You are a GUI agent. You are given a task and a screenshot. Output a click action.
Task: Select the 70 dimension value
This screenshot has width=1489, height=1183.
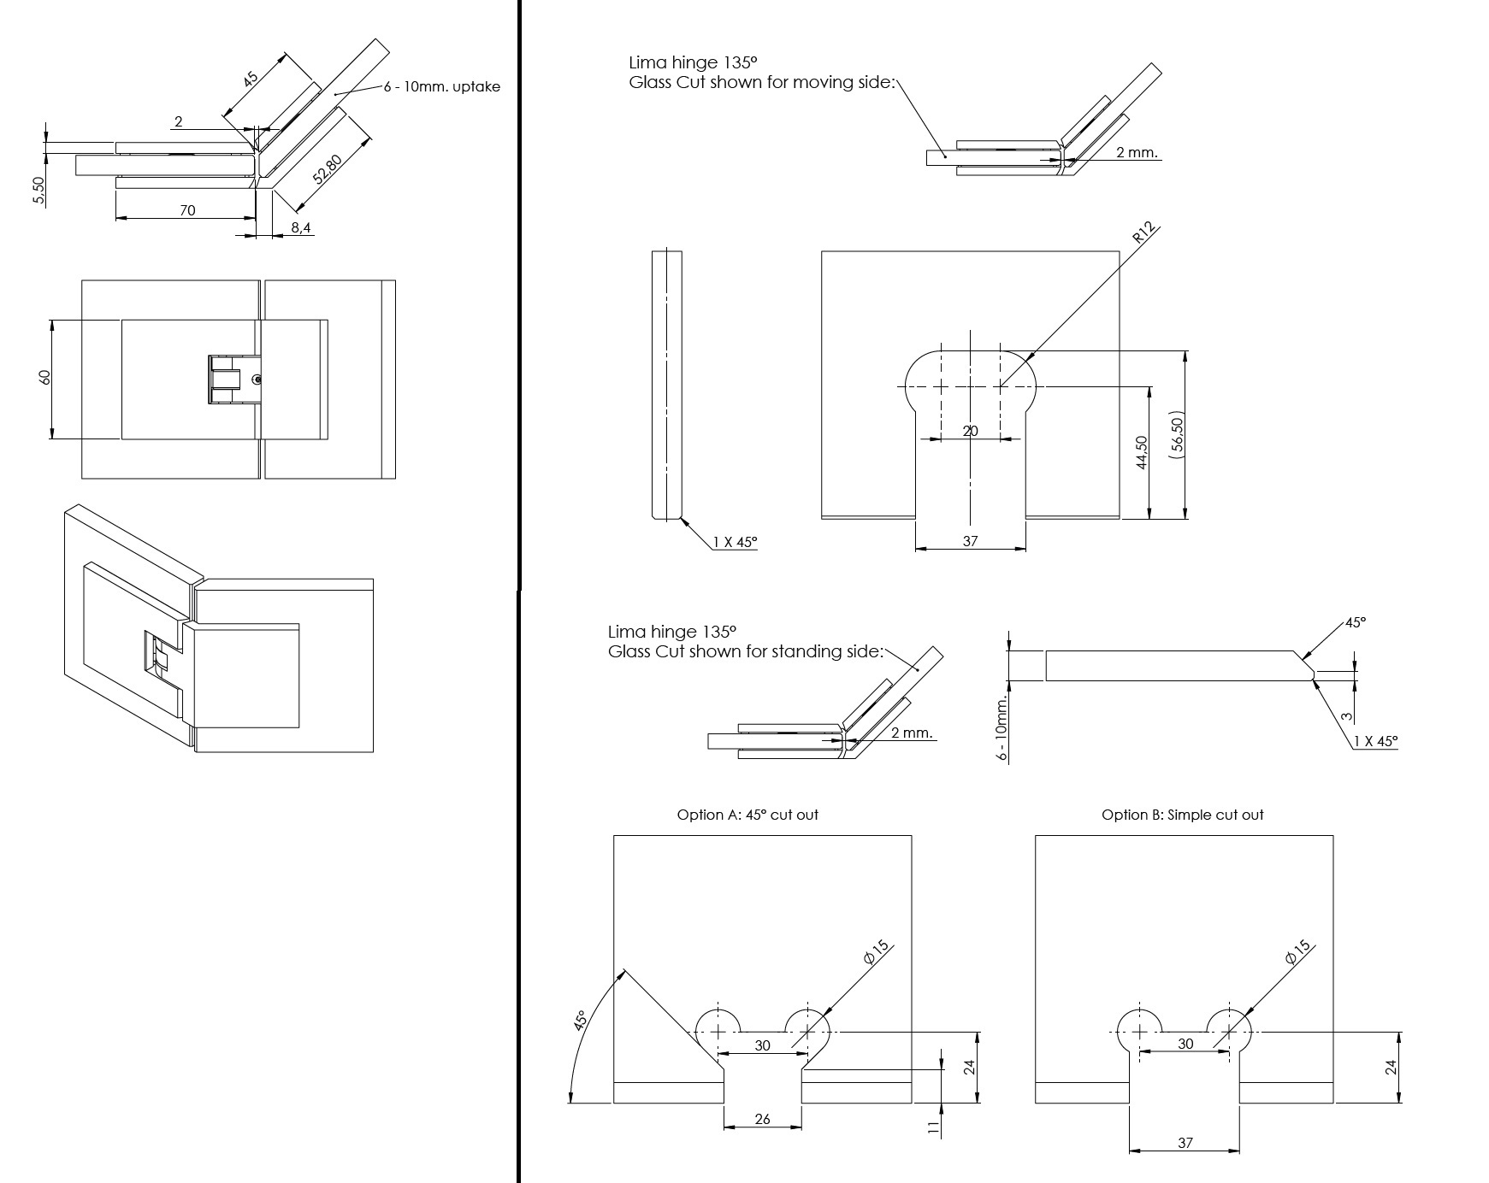point(187,209)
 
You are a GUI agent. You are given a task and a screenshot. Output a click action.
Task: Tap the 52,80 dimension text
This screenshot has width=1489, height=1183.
point(328,170)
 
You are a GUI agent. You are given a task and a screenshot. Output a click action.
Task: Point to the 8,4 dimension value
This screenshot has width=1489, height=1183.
point(300,227)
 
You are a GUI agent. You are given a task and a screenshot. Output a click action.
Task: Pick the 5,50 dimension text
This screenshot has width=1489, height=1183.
point(38,191)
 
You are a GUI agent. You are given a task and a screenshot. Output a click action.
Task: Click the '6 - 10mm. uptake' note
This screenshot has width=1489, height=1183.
point(441,86)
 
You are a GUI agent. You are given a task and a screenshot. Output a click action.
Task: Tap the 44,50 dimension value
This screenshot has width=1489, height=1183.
point(1141,452)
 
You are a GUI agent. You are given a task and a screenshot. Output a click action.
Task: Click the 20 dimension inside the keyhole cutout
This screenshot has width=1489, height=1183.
point(970,431)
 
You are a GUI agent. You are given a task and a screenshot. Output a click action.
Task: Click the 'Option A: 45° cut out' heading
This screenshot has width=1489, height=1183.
point(747,815)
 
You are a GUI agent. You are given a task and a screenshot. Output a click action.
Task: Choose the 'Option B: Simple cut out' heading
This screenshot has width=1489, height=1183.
point(1182,815)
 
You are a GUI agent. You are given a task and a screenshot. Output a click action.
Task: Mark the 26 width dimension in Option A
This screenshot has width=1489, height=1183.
point(763,1119)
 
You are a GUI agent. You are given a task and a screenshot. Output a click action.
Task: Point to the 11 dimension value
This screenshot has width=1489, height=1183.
point(933,1128)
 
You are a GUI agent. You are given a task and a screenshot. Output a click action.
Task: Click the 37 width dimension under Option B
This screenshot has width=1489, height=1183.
point(1185,1142)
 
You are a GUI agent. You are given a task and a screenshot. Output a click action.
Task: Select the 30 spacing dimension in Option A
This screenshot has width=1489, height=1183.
point(762,1045)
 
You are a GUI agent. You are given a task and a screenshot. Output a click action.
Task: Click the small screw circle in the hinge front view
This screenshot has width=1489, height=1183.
point(257,379)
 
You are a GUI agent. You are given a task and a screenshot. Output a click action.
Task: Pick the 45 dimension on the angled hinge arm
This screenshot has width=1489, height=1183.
point(250,79)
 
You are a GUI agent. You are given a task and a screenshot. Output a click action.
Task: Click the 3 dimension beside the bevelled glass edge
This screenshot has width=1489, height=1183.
point(1345,716)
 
